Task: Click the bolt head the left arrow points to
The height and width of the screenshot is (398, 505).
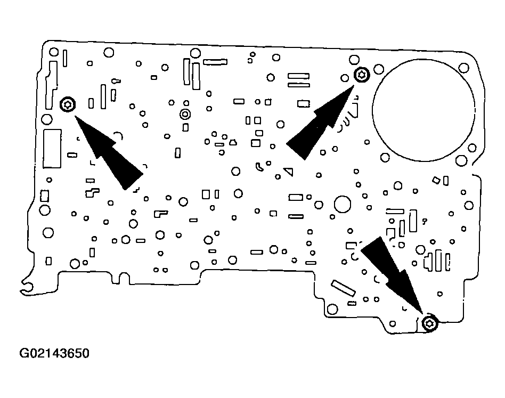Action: [68, 104]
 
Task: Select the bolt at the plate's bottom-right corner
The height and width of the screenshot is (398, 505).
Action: [429, 323]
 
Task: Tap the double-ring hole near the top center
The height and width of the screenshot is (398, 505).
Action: [185, 113]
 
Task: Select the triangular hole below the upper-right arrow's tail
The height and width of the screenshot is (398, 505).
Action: [289, 172]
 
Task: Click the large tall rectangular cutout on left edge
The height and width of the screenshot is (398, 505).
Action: [52, 148]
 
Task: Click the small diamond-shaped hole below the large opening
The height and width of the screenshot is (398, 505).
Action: [437, 181]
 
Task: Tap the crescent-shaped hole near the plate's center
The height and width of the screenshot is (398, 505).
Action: [259, 167]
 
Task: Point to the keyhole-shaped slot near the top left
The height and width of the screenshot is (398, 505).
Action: [115, 81]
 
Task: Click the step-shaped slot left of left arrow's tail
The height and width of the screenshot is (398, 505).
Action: [93, 191]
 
